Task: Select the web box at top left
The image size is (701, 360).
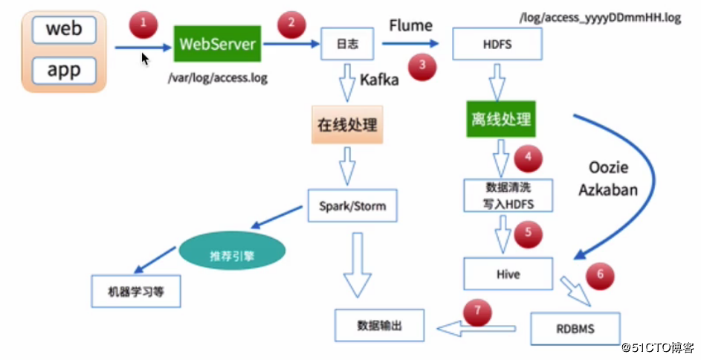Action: [62, 30]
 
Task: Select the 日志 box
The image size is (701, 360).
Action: [349, 45]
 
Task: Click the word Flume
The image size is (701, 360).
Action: [410, 26]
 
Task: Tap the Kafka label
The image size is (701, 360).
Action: [379, 79]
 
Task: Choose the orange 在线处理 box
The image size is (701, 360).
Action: [349, 124]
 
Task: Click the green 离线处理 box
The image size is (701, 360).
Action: [503, 119]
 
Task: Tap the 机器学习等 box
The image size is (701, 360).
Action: [136, 292]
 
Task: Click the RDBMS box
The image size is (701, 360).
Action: [575, 327]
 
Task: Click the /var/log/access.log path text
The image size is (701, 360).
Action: [218, 76]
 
